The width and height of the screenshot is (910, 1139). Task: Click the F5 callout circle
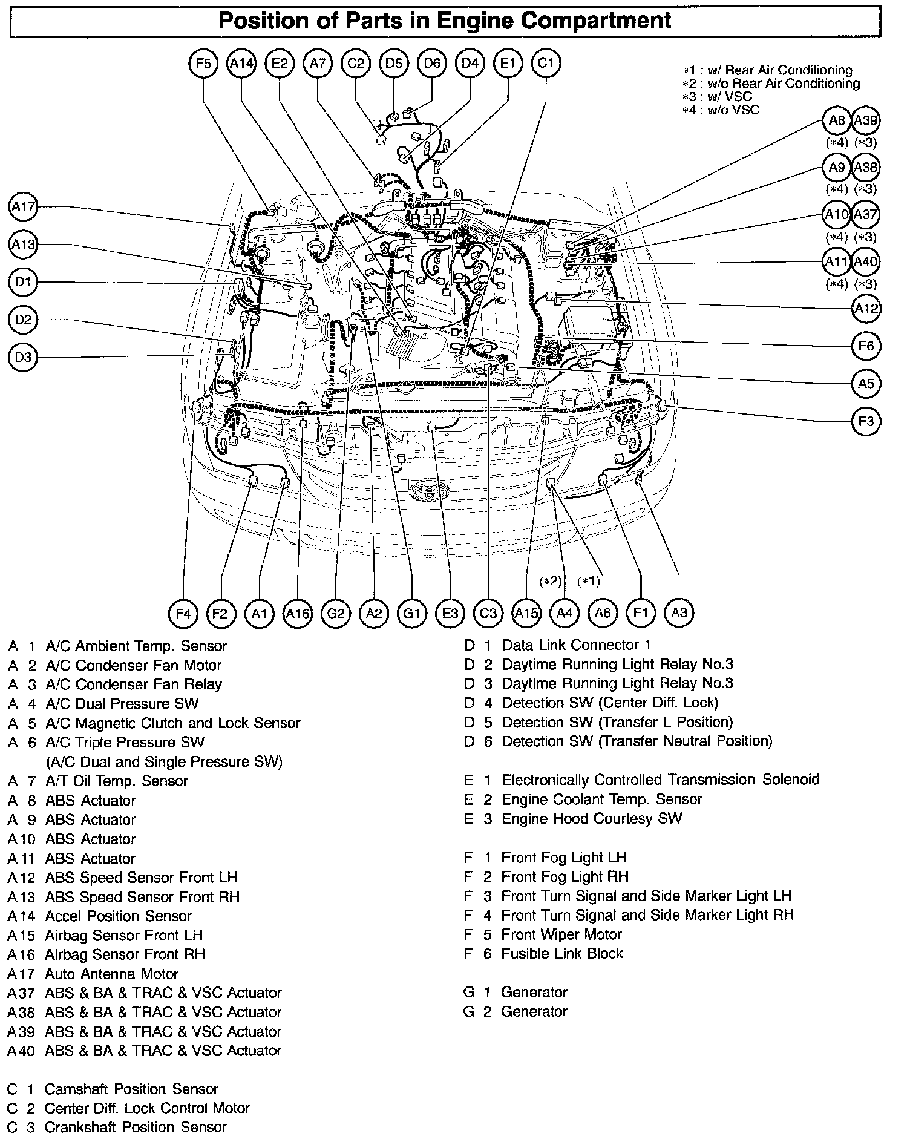tap(203, 64)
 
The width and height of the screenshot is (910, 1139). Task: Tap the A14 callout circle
tap(241, 64)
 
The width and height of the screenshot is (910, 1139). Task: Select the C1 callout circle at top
tap(546, 64)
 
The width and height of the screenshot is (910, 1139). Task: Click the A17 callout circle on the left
tap(24, 208)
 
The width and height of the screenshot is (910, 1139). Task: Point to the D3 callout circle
tap(23, 357)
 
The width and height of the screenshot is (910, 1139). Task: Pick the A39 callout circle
tap(865, 120)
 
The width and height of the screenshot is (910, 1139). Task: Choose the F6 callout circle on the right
tap(866, 346)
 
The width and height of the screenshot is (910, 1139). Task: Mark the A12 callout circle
tap(866, 309)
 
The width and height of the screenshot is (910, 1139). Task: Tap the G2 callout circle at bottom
tap(336, 614)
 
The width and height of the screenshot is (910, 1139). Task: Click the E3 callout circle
tap(450, 614)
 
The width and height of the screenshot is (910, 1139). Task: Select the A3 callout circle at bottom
tap(679, 613)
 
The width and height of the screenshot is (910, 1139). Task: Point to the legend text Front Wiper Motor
tap(561, 934)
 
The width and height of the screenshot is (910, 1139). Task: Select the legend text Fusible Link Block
tap(561, 954)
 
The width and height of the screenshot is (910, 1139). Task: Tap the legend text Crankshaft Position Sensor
tap(136, 1128)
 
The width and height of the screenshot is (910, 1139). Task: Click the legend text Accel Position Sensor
tap(118, 916)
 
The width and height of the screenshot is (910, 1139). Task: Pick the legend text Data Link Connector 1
tap(576, 645)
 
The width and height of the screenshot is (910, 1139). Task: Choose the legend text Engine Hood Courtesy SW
tap(592, 819)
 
